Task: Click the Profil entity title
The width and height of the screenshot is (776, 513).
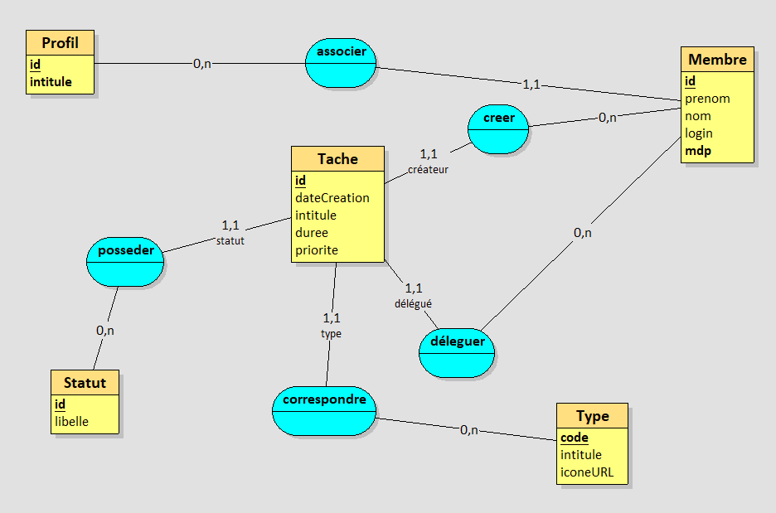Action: [60, 43]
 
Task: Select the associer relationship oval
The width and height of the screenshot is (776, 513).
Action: [342, 63]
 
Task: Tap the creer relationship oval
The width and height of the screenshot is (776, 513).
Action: [497, 129]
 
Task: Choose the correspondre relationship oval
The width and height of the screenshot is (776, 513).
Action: [324, 411]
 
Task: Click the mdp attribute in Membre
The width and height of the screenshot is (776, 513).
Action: [698, 151]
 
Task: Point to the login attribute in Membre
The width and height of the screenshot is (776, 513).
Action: [699, 133]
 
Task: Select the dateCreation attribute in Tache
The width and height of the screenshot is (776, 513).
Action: [332, 198]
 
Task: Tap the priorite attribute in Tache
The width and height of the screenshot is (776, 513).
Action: [317, 250]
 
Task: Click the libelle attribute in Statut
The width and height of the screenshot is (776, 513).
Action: [71, 421]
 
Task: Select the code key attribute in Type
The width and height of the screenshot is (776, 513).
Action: [575, 438]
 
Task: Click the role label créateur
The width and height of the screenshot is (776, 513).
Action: [428, 170]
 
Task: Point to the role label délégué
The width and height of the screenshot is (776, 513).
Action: [413, 304]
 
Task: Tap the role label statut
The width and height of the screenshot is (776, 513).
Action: [230, 241]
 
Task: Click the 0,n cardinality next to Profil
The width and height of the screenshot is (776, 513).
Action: [201, 63]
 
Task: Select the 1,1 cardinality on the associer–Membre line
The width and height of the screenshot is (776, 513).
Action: [531, 84]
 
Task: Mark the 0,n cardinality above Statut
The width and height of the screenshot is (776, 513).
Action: [105, 330]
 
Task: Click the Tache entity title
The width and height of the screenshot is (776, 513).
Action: [337, 159]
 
